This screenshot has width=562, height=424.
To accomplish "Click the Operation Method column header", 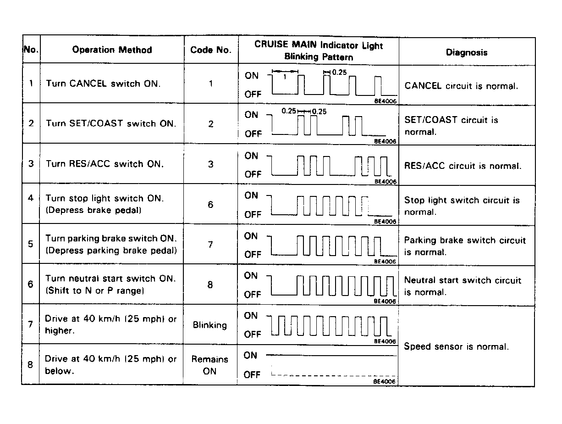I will [x=112, y=50].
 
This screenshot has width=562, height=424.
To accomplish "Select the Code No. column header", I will [x=210, y=50].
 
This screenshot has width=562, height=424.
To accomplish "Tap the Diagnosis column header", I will [x=467, y=52].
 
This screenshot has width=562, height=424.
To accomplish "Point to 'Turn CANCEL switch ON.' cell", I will [x=103, y=84].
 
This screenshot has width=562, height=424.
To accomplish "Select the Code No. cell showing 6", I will [x=210, y=204].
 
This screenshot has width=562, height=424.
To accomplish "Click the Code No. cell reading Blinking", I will [x=210, y=325].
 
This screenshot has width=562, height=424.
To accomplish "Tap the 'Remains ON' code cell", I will [x=209, y=365].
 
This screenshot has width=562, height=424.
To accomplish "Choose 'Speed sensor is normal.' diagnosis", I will [x=456, y=346].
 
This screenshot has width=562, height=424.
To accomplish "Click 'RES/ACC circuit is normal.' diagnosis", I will [x=463, y=166].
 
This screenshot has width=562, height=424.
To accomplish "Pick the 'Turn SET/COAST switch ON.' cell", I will [x=111, y=124].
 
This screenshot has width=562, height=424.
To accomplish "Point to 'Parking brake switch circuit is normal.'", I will [x=465, y=246].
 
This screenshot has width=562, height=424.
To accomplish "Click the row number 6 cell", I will [x=31, y=284].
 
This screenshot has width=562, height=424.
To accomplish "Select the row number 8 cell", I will [x=31, y=365].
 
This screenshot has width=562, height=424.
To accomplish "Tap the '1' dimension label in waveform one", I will [x=284, y=77].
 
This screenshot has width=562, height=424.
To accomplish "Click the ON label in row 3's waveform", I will [x=252, y=156].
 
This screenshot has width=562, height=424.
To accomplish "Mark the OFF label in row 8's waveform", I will [x=252, y=375].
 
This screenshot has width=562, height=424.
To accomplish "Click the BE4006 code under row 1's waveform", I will [x=385, y=102].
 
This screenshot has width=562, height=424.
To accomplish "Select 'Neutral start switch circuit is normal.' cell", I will [x=463, y=286].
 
